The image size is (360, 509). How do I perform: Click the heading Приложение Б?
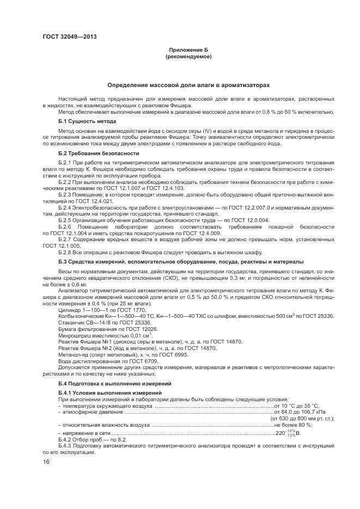point(188,50)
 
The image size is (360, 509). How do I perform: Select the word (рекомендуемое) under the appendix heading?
point(188,56)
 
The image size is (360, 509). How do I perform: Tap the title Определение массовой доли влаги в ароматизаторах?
point(188,85)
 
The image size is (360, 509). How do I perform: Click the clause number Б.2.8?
point(65,253)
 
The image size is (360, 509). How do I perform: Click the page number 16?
point(46,462)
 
